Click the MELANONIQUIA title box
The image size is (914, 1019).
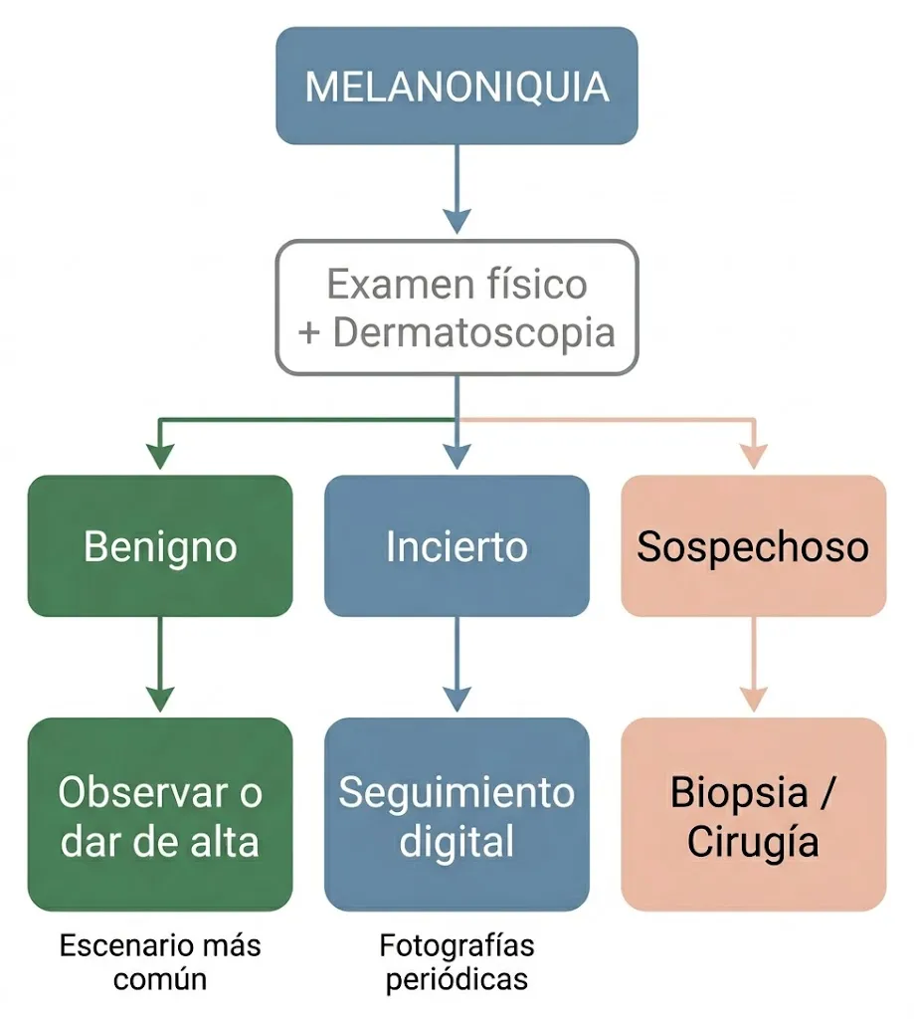pos(457,86)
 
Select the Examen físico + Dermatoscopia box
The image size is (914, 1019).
pos(457,307)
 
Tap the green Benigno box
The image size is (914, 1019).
pos(160,546)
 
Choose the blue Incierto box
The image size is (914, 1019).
pos(457,546)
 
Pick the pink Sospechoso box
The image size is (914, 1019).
pos(753,546)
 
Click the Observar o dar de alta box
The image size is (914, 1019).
pos(160,815)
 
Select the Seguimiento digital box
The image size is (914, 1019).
pos(457,815)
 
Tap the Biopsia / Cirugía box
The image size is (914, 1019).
pos(753,815)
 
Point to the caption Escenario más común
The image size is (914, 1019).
pos(160,961)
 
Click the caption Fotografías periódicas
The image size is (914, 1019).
pos(457,961)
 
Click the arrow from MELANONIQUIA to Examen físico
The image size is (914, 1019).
pos(457,189)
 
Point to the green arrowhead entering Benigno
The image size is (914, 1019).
pos(160,457)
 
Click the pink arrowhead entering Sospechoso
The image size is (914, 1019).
pos(753,457)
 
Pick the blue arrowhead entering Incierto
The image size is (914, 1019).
pos(457,457)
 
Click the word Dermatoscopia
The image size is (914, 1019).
pos(473,333)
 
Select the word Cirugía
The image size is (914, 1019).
pos(753,842)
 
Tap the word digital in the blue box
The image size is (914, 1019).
pos(457,842)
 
